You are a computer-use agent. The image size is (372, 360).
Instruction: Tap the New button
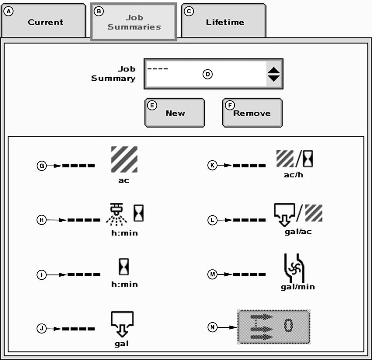pos(175,113)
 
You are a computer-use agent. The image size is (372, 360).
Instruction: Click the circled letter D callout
pos(208,74)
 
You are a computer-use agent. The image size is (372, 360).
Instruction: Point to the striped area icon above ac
pos(124,160)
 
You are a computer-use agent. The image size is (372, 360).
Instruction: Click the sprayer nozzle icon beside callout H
pos(115,213)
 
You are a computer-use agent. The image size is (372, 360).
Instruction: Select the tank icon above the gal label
pos(122,323)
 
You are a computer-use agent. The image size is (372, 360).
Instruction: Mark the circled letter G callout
pos(41,165)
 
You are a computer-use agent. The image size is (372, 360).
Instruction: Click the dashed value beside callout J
pos(79,329)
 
